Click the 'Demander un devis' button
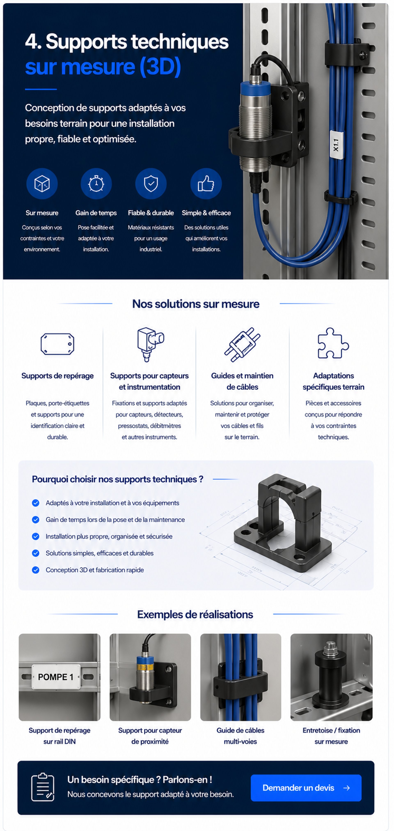[306, 788]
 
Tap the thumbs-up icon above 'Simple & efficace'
[206, 184]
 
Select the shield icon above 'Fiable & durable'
[151, 184]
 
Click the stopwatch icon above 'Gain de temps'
[96, 184]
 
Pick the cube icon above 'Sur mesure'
[42, 184]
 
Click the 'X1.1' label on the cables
[336, 145]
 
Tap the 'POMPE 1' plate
[56, 677]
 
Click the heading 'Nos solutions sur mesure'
[196, 304]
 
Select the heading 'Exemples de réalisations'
[195, 615]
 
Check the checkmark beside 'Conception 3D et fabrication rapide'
[36, 570]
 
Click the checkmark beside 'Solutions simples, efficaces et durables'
[36, 553]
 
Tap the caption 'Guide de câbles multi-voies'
[240, 736]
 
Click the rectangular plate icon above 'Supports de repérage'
[57, 344]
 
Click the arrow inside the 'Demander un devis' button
[347, 788]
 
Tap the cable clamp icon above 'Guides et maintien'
[242, 344]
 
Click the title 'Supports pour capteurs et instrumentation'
[149, 381]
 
